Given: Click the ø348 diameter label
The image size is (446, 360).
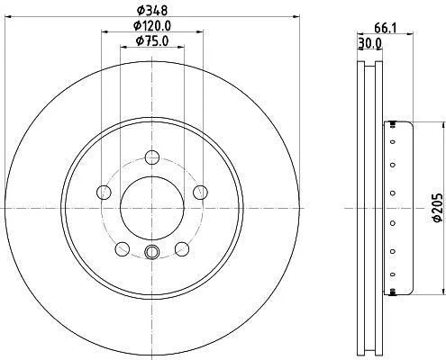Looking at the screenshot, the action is tap(152, 11).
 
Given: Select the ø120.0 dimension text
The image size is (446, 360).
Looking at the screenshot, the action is tap(152, 26).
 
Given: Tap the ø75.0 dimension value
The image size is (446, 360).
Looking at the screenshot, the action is tap(152, 40).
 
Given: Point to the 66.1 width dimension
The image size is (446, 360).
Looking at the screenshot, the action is tap(386, 29).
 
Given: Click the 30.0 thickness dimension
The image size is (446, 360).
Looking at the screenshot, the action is tap(370, 44).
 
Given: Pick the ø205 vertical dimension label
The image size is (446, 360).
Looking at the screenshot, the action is tap(438, 208).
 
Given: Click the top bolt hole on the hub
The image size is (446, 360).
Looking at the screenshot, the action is tap(152, 157).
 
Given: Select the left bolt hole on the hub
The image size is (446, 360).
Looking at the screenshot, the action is tap(104, 192).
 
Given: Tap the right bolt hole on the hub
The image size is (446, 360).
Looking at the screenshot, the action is tap(200, 192).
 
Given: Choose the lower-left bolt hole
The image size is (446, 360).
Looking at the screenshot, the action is tap(123, 248).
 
